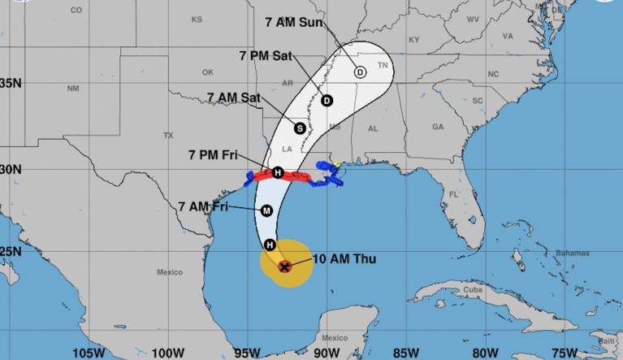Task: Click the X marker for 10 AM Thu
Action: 284,266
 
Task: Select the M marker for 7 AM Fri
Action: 266,210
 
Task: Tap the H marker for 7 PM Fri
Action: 278,172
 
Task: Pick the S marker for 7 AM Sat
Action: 300,128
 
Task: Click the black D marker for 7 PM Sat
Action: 327,101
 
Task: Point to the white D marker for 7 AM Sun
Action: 360,72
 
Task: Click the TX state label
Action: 168,135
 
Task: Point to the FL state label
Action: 454,194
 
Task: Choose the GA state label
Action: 438,127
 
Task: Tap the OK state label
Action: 207,71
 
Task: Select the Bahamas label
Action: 570,253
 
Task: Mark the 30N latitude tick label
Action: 11,169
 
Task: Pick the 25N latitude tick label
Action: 11,251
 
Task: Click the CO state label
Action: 76,11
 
